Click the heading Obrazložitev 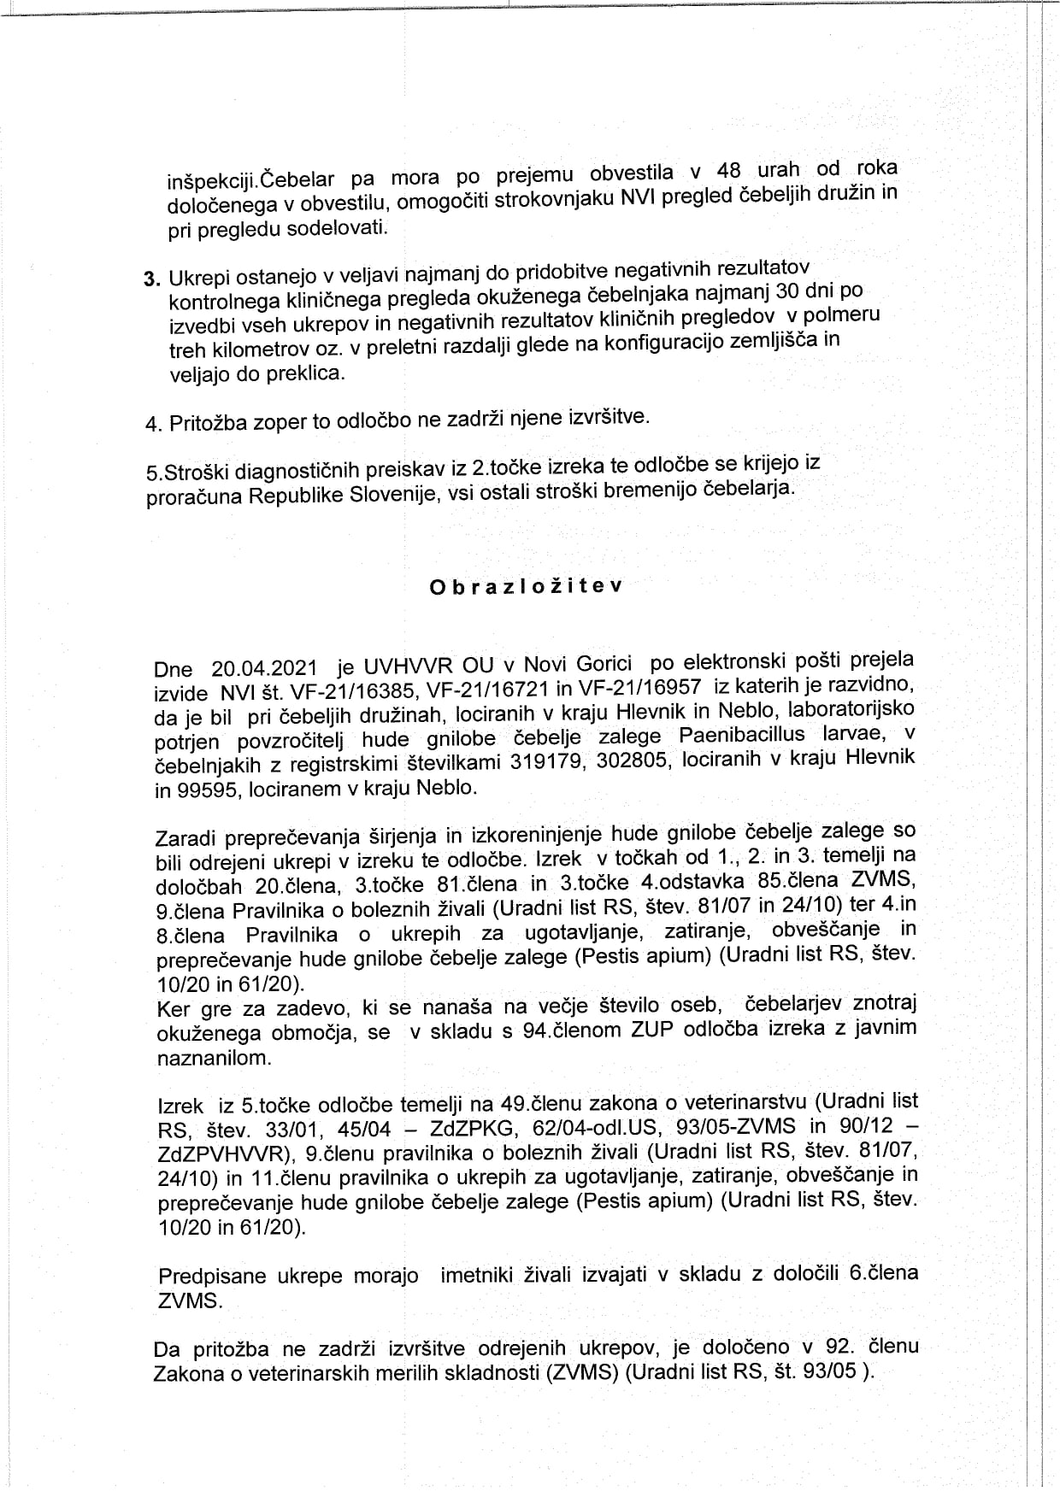pos(526,587)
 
